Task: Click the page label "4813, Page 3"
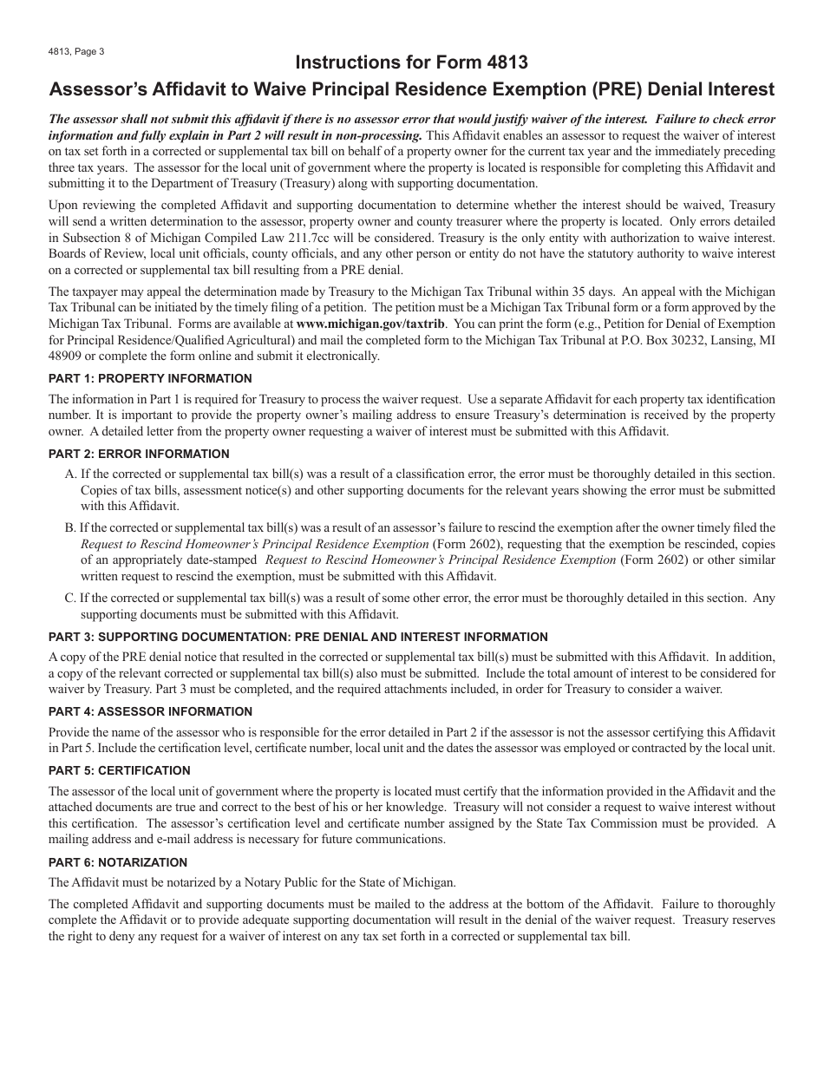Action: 76,51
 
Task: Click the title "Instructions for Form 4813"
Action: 411,62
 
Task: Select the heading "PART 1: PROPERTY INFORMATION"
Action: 150,378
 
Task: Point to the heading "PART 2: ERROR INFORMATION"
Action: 139,454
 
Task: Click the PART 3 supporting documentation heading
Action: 298,637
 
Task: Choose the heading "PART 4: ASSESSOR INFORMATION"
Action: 150,711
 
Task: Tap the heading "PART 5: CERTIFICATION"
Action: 119,770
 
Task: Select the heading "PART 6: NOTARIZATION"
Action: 118,862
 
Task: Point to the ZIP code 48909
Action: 64,357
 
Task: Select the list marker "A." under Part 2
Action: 71,475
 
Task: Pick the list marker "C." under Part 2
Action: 71,598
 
